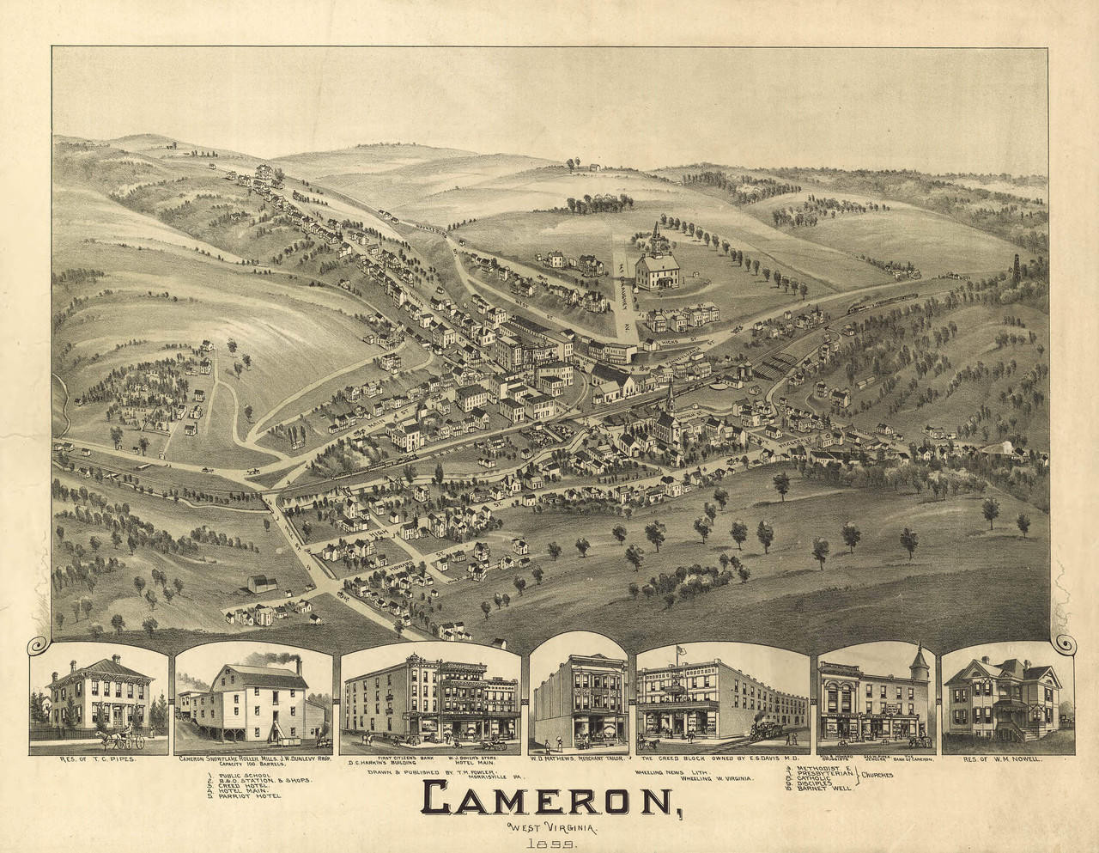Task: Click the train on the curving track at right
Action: tap(867, 305)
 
